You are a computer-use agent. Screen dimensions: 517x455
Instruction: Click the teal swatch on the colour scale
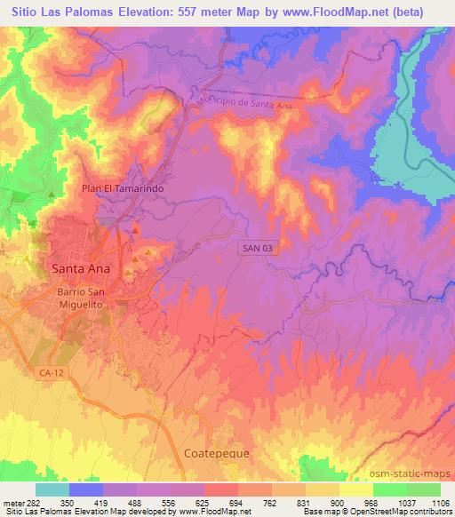click(52, 489)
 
